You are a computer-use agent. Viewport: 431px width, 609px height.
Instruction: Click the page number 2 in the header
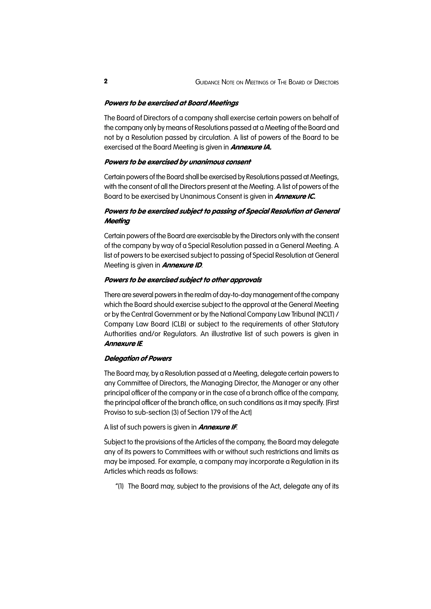[106, 81]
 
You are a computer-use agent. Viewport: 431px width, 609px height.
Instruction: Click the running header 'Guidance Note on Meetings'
[267, 82]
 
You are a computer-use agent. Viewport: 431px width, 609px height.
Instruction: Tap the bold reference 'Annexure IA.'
[251, 147]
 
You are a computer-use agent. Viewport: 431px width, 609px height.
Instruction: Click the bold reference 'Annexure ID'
[182, 265]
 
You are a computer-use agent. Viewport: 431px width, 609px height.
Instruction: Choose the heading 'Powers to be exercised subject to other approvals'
[183, 280]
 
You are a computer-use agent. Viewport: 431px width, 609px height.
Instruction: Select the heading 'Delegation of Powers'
[138, 358]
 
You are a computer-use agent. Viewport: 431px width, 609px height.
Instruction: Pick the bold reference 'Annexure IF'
[217, 427]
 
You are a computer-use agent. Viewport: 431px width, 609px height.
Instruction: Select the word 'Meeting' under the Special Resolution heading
[117, 221]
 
